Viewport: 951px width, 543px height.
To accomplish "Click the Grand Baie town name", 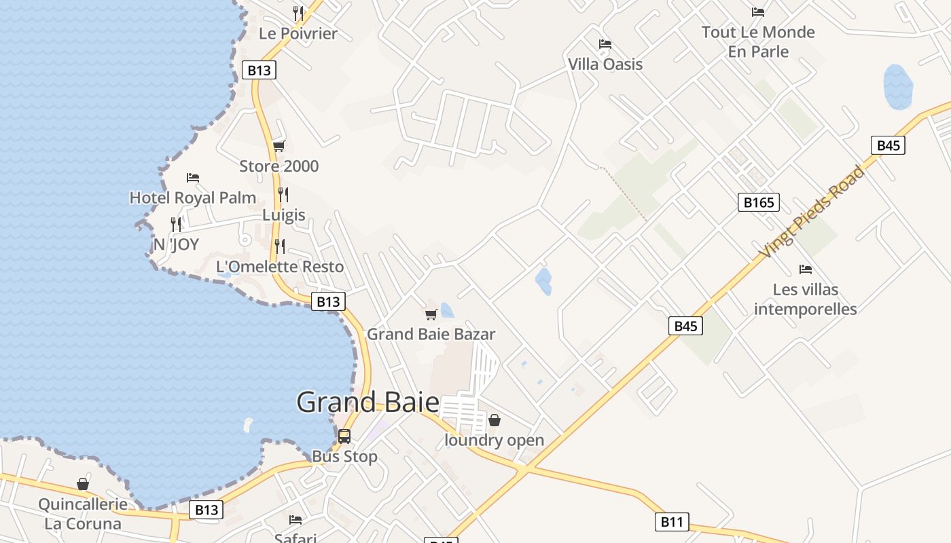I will pos(367,402).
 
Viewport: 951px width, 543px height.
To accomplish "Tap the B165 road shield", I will pos(758,202).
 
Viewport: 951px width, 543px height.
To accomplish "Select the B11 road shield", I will pos(672,521).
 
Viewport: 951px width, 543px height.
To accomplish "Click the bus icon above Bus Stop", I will pos(344,436).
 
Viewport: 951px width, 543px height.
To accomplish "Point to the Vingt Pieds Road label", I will pos(812,211).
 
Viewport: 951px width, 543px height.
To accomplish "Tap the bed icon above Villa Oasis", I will pos(605,44).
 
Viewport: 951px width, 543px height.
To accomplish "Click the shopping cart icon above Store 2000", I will pos(279,146).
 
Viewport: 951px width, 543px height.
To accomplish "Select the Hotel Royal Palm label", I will pos(193,198).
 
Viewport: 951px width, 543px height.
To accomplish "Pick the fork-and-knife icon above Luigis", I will pos(283,195).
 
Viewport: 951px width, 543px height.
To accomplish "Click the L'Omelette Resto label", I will pos(280,267).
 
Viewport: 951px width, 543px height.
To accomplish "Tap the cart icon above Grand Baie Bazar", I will pos(431,314).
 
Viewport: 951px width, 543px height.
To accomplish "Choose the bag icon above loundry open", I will pos(495,421).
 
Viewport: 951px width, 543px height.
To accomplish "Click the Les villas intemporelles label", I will pos(806,299).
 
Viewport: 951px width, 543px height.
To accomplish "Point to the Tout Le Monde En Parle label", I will pos(758,41).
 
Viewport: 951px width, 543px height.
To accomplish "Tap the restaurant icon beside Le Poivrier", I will pos(298,13).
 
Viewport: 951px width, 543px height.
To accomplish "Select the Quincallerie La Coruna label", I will pos(83,514).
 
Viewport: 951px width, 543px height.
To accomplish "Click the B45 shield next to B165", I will pos(889,145).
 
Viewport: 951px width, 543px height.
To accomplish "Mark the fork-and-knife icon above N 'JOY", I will pos(176,224).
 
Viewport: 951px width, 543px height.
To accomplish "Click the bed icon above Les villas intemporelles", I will pos(806,269).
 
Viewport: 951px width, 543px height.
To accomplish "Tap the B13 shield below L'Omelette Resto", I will pos(328,301).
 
